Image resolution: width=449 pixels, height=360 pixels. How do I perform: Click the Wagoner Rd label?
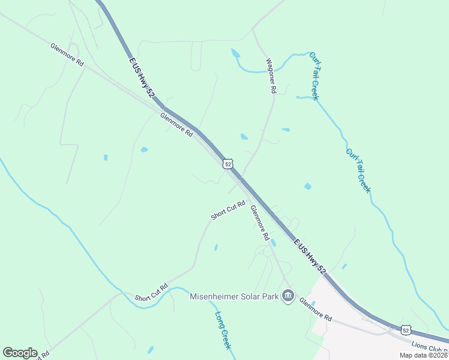coord(271,75)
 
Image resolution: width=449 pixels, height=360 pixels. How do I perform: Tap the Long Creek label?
coord(224,331)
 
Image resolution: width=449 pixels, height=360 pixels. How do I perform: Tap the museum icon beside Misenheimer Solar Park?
coord(289,296)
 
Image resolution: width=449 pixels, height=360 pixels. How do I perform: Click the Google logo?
coord(20,353)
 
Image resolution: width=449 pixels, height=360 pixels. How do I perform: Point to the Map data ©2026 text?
coord(424,355)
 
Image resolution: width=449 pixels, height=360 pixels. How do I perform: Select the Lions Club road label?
coord(430,346)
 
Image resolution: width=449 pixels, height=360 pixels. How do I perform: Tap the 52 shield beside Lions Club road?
coord(406,329)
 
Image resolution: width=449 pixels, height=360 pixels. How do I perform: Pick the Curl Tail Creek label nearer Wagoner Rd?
coord(314,76)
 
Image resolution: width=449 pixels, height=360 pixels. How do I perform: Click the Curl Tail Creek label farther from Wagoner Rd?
coord(358,170)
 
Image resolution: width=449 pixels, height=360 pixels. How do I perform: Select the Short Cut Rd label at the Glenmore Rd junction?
coord(228,210)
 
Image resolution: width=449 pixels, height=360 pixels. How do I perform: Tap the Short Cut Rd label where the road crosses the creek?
coord(151,293)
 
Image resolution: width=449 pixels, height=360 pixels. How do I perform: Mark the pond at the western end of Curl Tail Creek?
coord(235,53)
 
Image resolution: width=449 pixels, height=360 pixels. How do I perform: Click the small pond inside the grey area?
coord(313,304)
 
